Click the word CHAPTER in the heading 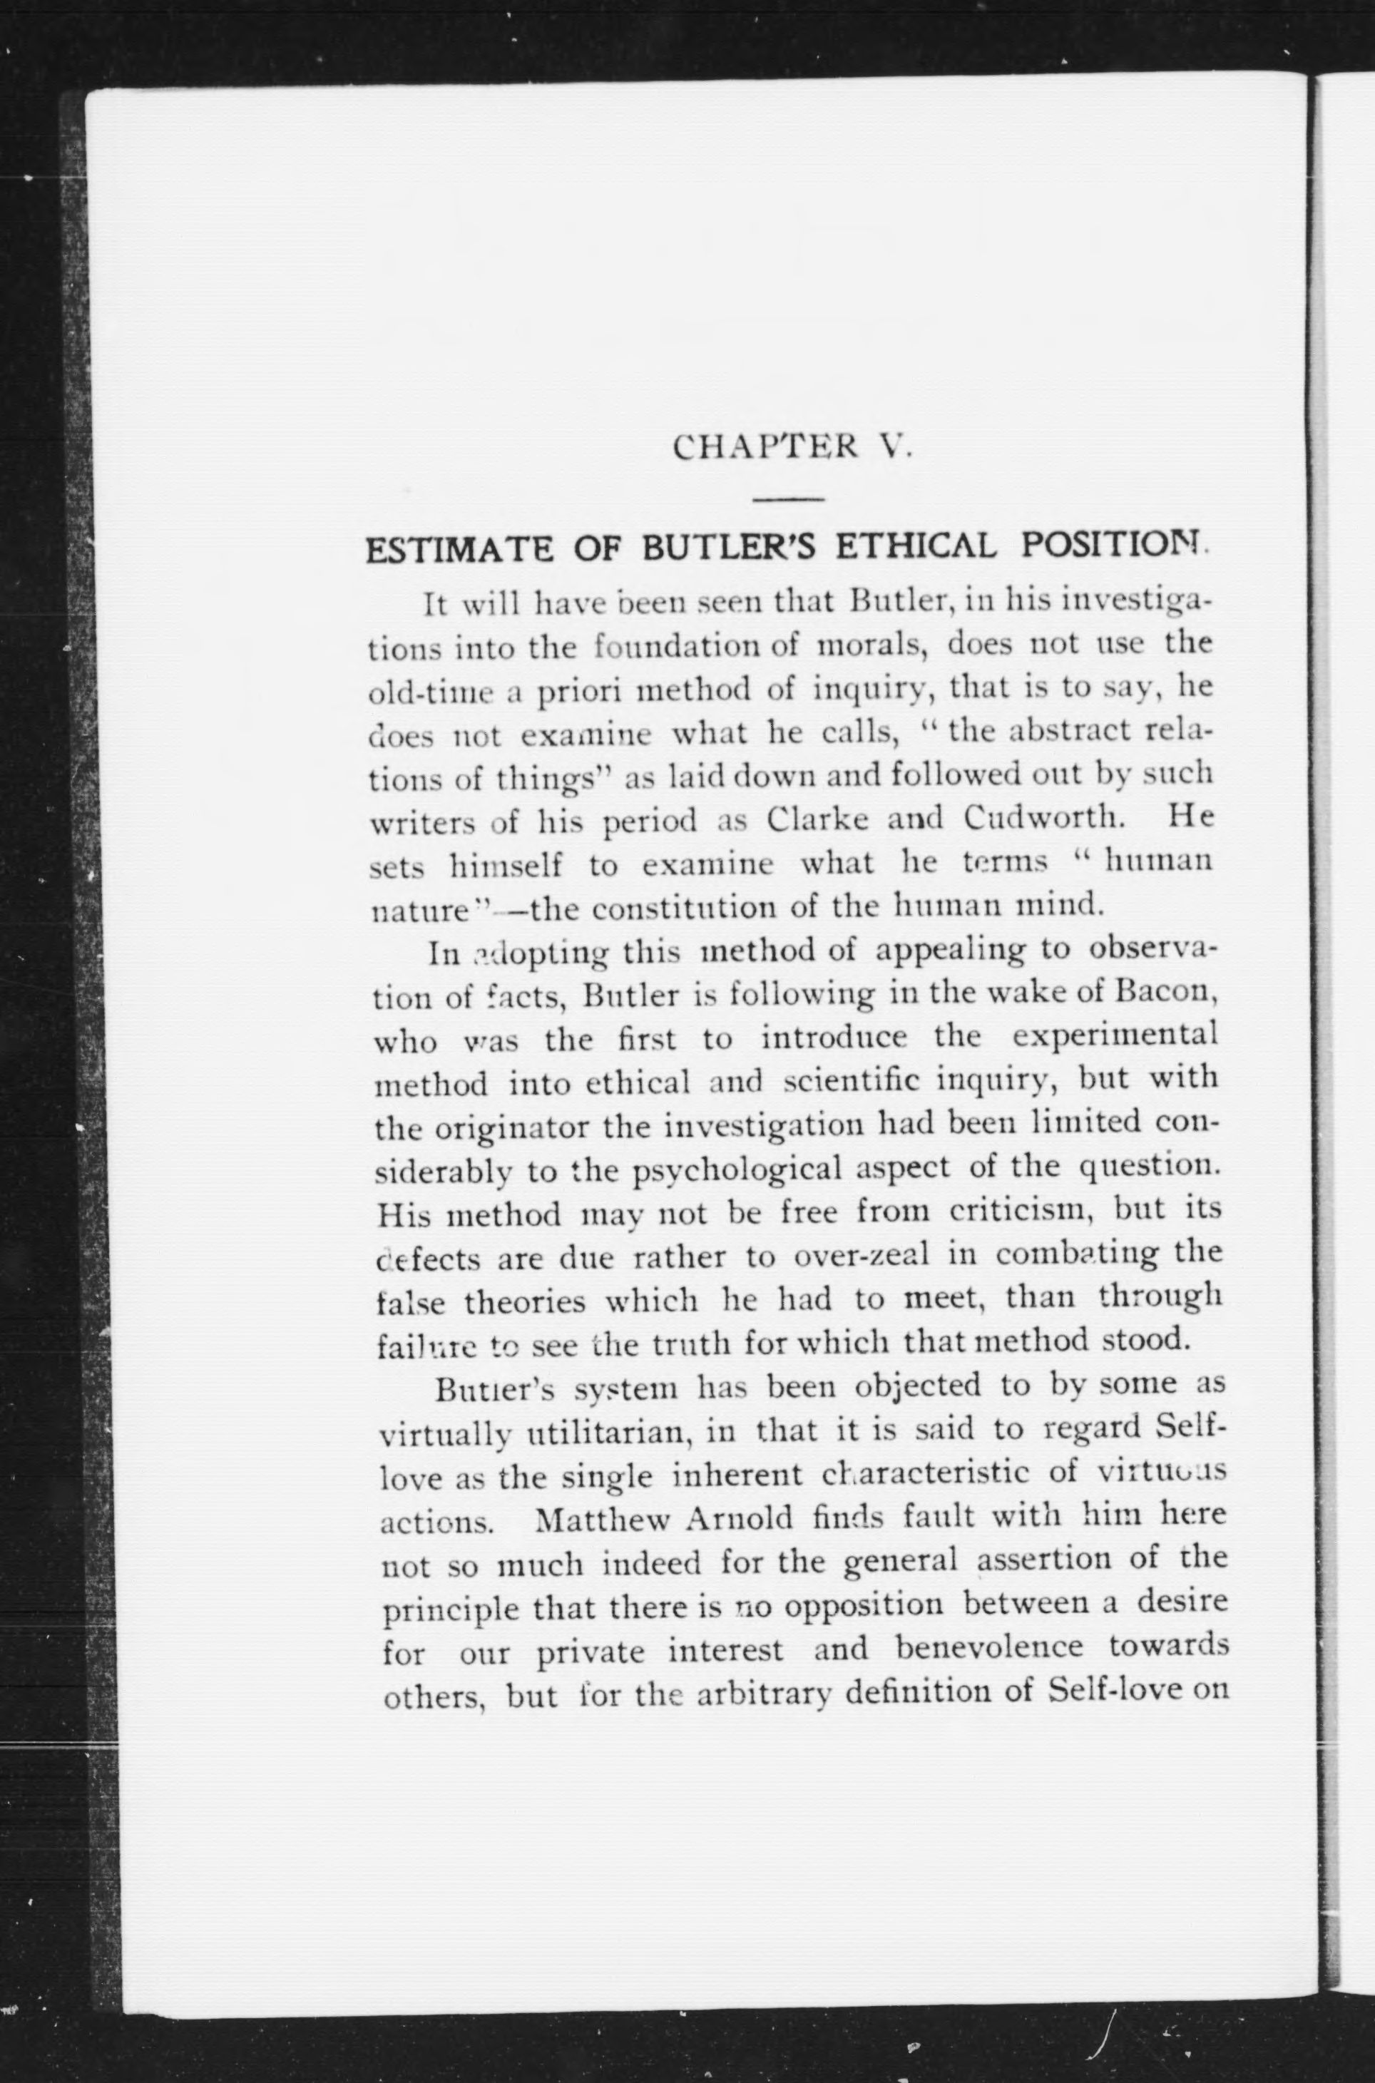point(764,448)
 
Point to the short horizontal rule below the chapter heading point(788,500)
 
